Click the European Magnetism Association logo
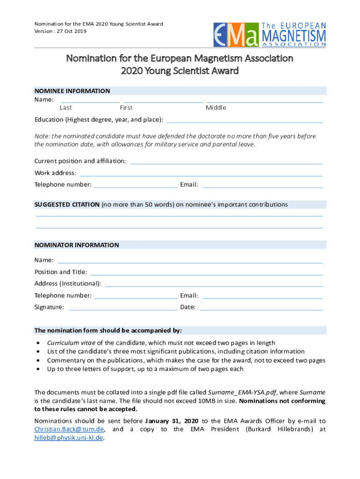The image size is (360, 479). click(270, 34)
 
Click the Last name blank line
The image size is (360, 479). click(91, 101)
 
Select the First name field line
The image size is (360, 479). click(163, 101)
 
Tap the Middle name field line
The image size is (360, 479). click(264, 101)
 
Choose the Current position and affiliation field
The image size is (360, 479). click(226, 163)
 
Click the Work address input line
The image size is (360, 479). click(201, 174)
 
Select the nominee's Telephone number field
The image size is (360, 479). click(136, 186)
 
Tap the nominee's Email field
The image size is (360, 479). click(262, 186)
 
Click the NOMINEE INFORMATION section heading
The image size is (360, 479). click(72, 91)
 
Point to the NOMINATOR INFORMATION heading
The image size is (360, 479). click(77, 245)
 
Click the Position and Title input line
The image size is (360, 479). click(206, 274)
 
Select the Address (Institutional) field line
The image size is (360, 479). click(214, 285)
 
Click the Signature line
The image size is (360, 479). click(122, 309)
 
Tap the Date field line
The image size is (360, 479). click(261, 309)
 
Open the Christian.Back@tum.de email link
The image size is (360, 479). click(69, 429)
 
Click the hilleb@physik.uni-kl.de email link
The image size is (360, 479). click(68, 438)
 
